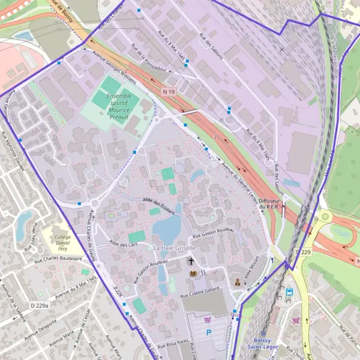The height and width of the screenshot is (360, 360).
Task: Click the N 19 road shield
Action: (169, 92)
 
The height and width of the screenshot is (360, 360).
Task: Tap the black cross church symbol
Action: (191, 262)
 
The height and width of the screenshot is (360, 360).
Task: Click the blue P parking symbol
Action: (209, 332)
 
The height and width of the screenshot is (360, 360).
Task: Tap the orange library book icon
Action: (193, 274)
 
